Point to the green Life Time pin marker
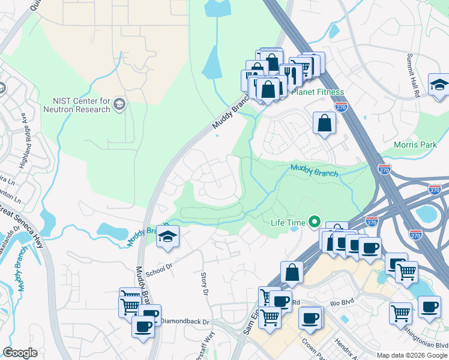click(313, 223)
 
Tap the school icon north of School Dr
click(167, 236)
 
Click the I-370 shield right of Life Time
click(373, 221)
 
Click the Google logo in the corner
click(20, 353)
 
